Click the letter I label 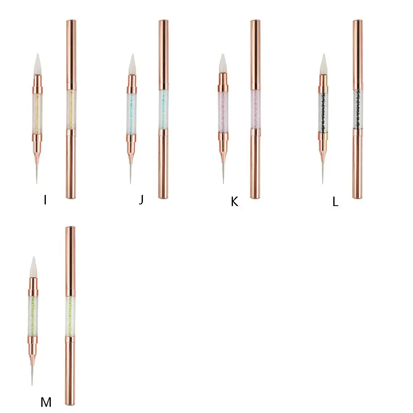45,200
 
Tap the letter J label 141,200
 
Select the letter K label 235,202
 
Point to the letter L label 335,202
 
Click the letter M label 46,402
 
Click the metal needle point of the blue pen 131,173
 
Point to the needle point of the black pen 323,173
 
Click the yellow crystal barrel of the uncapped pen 37,109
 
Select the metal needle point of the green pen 33,376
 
